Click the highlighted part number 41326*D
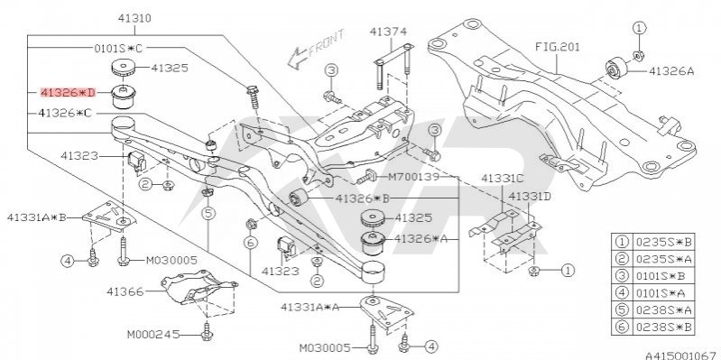click(68, 93)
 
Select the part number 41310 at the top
click(134, 18)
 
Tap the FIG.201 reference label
click(558, 46)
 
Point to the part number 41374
click(389, 32)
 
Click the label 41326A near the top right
click(671, 70)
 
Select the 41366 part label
click(125, 291)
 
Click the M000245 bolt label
click(153, 335)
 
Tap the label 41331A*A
click(310, 306)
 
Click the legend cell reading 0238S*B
click(664, 328)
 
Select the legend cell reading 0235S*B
click(664, 242)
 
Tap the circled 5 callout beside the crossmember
click(208, 213)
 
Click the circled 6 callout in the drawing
click(250, 243)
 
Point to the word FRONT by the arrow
click(327, 43)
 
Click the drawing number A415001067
click(683, 355)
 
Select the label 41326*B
click(363, 198)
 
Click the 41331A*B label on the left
click(37, 217)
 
